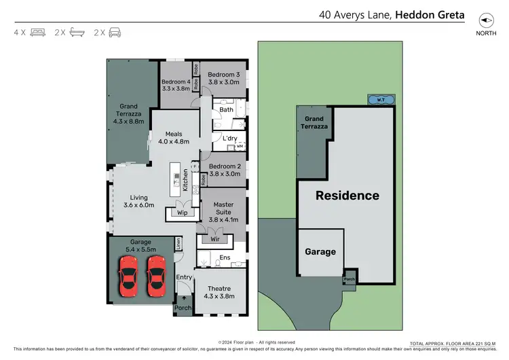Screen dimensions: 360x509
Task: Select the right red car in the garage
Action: (157, 276)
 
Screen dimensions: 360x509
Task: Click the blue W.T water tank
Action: (377, 101)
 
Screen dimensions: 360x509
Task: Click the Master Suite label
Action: (223, 208)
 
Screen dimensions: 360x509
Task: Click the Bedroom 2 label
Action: (225, 169)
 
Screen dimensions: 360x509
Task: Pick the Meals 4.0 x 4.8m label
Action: (173, 138)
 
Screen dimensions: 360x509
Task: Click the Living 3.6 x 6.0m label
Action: (138, 200)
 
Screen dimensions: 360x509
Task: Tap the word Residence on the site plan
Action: (347, 196)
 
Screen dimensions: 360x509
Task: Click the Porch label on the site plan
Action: (350, 278)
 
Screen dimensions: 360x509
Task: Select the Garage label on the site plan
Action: (320, 251)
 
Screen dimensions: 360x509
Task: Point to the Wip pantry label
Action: (182, 213)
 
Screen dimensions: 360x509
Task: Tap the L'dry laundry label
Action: (230, 139)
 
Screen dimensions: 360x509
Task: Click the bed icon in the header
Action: (37, 32)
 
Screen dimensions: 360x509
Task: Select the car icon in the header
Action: (115, 32)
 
